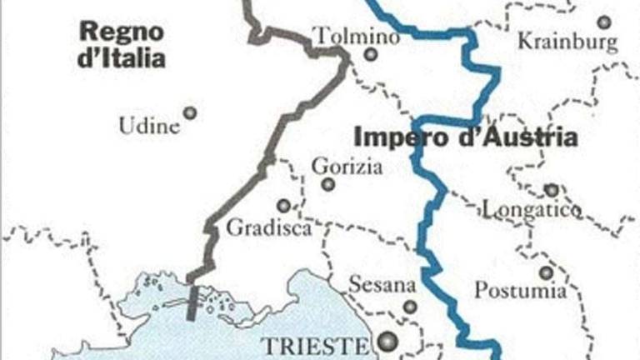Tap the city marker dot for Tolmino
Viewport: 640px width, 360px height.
[x=371, y=55]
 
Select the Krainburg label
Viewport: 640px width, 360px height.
[x=567, y=41]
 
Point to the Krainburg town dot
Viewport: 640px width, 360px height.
[x=603, y=22]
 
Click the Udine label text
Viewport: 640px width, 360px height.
[x=149, y=127]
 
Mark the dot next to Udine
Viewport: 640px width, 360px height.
[x=190, y=112]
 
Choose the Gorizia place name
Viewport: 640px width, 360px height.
[x=347, y=167]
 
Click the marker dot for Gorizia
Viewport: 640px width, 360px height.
[x=328, y=184]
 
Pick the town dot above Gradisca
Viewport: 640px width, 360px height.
[x=284, y=205]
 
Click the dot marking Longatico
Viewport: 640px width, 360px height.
[x=551, y=190]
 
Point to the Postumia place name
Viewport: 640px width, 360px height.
[x=521, y=291]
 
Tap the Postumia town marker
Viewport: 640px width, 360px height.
[x=546, y=272]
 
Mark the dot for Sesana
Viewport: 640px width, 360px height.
[x=409, y=307]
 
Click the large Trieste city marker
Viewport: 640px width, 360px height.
[x=386, y=341]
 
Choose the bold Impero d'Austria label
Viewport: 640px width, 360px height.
[x=466, y=137]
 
